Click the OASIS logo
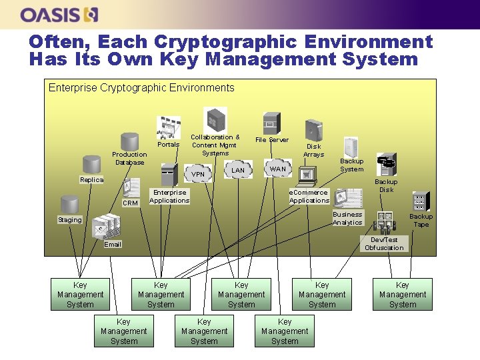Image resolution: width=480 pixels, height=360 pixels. tap(59, 14)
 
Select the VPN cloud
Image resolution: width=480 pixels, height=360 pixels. tap(198, 175)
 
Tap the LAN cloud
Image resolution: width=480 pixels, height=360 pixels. tap(238, 171)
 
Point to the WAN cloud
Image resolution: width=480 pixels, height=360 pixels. tap(277, 169)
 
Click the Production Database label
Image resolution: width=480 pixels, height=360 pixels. tap(129, 158)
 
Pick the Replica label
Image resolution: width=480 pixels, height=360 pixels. tap(91, 180)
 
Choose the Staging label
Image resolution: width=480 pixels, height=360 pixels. tap(69, 219)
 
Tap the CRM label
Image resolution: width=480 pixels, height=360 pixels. tap(131, 203)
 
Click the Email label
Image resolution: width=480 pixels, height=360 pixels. tap(113, 245)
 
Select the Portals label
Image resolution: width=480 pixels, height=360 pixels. tap(168, 144)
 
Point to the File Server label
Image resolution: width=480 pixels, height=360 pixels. tap(272, 140)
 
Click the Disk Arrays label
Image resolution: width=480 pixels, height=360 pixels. tap(313, 150)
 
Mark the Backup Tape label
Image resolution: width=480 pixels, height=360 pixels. tap(421, 220)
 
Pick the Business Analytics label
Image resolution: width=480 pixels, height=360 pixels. tap(347, 218)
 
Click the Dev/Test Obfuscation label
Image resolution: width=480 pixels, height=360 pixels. tap(384, 243)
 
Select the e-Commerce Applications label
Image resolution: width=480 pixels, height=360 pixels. tap(309, 196)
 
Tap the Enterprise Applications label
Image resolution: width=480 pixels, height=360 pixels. tap(169, 196)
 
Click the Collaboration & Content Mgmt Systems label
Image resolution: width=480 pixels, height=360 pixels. tap(215, 145)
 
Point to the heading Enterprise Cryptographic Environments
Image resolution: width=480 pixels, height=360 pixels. tap(141, 87)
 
